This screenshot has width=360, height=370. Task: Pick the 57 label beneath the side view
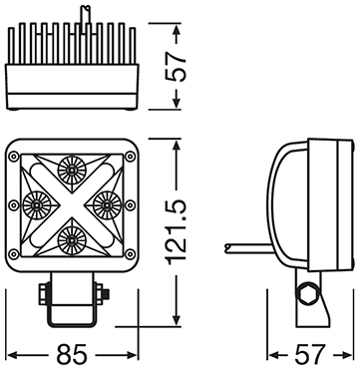pyautogui.click(x=311, y=353)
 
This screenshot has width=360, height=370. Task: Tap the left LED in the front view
pyautogui.click(x=36, y=204)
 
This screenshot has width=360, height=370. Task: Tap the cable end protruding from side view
pyautogui.click(x=232, y=243)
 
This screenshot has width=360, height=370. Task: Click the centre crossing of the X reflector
pyautogui.click(x=72, y=204)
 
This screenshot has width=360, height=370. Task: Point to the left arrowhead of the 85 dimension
pyautogui.click(x=10, y=353)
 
